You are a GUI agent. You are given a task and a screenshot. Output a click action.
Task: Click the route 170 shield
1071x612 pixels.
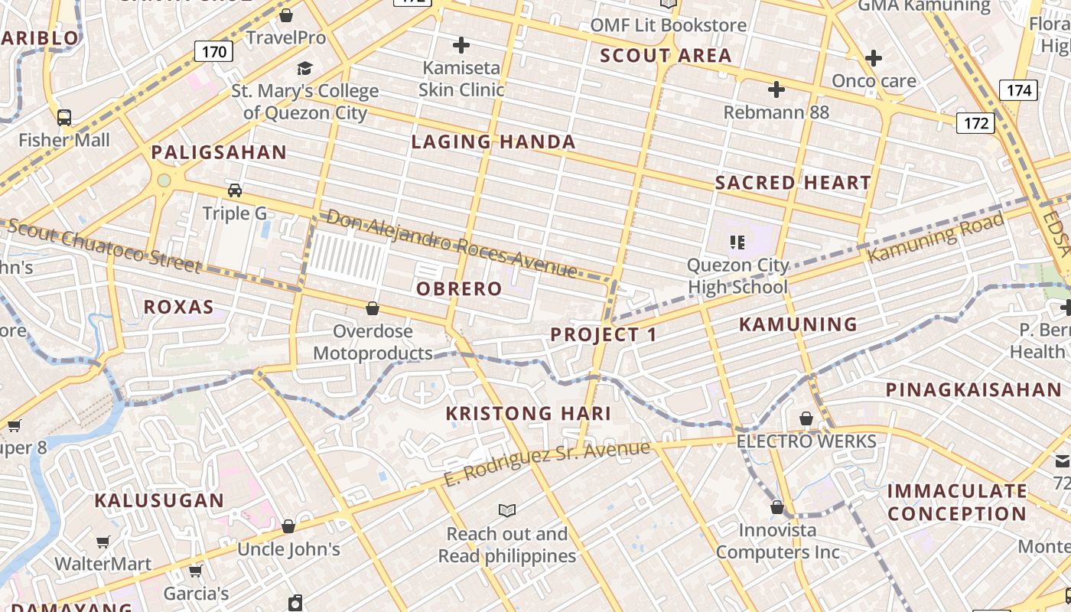(x=214, y=51)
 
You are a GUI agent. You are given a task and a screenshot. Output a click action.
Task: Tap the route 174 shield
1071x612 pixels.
(x=1019, y=90)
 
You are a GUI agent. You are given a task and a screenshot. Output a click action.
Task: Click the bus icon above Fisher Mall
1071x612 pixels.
(x=64, y=118)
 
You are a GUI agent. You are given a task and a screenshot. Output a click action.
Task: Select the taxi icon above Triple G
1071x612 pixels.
(x=235, y=190)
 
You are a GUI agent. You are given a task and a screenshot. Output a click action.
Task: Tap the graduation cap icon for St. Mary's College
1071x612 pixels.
(x=304, y=69)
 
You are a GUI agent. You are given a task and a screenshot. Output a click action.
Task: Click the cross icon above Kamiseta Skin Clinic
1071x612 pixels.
(x=461, y=45)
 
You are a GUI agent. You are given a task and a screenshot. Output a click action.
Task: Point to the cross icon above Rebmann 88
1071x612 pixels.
(x=776, y=90)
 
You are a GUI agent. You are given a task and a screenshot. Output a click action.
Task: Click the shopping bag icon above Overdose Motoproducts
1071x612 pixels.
(x=373, y=308)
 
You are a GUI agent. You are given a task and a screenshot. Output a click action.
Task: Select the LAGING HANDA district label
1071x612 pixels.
(x=493, y=142)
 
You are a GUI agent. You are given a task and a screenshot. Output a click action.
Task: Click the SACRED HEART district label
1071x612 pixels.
(x=793, y=183)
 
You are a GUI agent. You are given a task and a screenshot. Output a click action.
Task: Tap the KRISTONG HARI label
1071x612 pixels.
(x=529, y=414)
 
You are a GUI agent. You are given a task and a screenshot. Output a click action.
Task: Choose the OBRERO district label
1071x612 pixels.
(x=459, y=288)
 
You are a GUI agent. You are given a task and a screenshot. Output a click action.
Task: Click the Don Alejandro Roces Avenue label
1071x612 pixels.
(x=451, y=243)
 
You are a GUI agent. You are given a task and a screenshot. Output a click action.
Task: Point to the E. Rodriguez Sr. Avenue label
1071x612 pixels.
(x=546, y=462)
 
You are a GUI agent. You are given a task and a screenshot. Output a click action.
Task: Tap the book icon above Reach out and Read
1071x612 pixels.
(x=506, y=510)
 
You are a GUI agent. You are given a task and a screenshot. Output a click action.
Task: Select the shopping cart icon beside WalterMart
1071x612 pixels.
(x=103, y=542)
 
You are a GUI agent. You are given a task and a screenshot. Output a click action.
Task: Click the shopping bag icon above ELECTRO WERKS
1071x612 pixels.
(x=806, y=418)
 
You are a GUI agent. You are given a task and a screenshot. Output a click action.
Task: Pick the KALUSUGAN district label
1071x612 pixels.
(x=159, y=501)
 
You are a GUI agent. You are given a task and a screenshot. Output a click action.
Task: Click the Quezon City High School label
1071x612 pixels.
(x=737, y=276)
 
